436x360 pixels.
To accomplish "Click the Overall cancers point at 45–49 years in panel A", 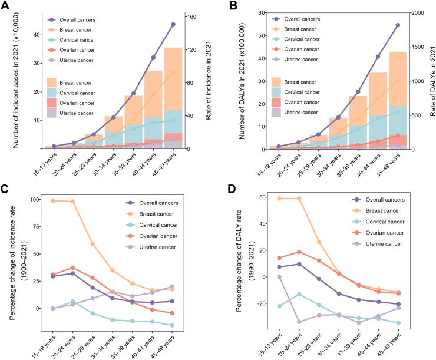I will pos(173,24).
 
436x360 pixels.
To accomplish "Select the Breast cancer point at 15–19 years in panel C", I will pos(54,201).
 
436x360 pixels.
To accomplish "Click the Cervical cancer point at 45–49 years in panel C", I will pos(172,325).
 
